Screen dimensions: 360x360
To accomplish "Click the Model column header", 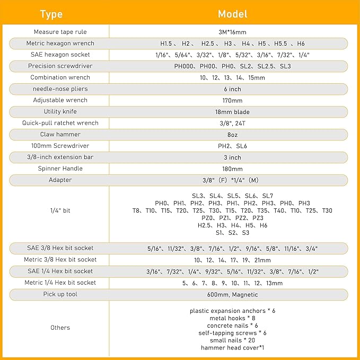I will (x=232, y=14).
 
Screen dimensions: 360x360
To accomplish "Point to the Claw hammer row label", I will (x=60, y=135).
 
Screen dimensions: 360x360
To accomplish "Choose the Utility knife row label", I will (x=60, y=112).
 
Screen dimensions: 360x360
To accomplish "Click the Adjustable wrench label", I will (x=60, y=100).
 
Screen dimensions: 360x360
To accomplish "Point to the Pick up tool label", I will (x=60, y=294).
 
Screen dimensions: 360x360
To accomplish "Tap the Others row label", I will (x=60, y=328).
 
